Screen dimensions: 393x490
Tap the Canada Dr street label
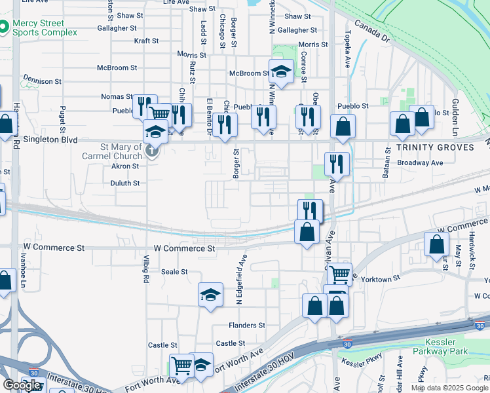coord(373,31)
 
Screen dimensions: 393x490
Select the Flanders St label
coord(246,325)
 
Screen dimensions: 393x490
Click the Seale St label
coord(174,271)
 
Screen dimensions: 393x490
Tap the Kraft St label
coord(146,41)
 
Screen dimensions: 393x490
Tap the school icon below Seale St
coord(211,295)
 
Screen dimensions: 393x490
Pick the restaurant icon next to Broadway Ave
coord(336,163)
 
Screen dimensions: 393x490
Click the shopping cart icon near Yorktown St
coord(339,273)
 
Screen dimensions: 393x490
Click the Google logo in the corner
coord(22,385)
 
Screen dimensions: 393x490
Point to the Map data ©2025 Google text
coord(449,388)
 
